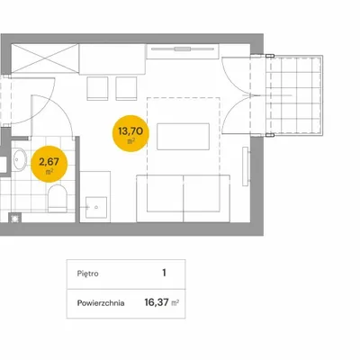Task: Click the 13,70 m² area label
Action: coord(130,133)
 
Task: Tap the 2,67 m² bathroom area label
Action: coord(49,164)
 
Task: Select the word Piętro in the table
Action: coord(87,274)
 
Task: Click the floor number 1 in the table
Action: coord(164,273)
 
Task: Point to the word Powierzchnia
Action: coord(101,303)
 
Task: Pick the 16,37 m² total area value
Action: coord(162,302)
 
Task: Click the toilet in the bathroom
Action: coord(58,199)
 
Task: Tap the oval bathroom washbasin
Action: coord(20,159)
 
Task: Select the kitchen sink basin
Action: coord(96,207)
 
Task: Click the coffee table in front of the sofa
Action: coord(183,137)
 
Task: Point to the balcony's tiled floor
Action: coord(293,95)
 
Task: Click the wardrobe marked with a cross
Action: coord(45,58)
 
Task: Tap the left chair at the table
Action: coord(97,88)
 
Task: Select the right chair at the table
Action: coord(126,88)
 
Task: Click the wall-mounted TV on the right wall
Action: coord(246,166)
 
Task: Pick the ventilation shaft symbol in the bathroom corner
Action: coord(14,218)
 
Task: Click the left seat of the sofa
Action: coord(160,198)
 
